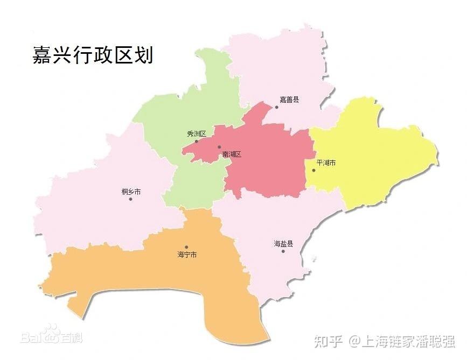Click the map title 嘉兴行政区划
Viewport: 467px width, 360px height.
coord(93,55)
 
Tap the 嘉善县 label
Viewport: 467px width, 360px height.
coord(289,100)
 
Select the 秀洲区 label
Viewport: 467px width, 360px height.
coord(196,133)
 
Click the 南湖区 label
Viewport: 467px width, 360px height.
coord(232,154)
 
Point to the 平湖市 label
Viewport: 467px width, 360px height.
coord(326,163)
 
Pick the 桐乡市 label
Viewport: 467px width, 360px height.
coord(131,192)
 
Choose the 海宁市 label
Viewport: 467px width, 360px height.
coord(187,255)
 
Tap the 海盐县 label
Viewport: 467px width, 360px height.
coord(283,244)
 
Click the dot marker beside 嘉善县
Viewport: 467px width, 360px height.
coord(277,107)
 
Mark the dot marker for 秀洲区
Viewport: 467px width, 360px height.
coord(196,142)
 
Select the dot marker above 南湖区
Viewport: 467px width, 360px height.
coord(219,147)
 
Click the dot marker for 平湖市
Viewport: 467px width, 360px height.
coord(313,170)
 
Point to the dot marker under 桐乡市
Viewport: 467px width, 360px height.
coord(130,199)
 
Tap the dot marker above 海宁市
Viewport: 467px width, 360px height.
coord(186,247)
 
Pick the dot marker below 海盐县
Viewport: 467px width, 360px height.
coord(283,251)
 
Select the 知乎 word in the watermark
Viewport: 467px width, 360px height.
coord(329,341)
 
